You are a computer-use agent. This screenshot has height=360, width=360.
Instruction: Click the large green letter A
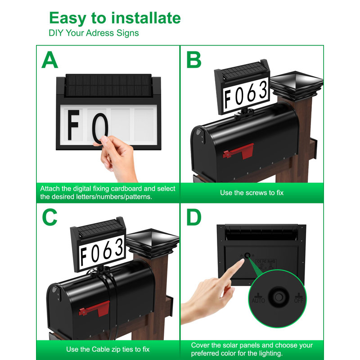click(49, 60)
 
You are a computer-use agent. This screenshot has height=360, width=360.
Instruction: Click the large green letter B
click(193, 60)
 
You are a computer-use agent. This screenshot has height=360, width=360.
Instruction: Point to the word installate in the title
click(145, 18)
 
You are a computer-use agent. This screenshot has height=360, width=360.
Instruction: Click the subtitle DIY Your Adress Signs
click(94, 33)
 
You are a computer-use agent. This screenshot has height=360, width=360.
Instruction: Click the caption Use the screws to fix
click(252, 193)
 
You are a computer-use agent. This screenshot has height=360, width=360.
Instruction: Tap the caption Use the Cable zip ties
click(108, 349)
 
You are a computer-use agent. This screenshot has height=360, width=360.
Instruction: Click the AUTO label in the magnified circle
click(258, 299)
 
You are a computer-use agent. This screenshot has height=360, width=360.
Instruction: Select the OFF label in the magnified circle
click(300, 299)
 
